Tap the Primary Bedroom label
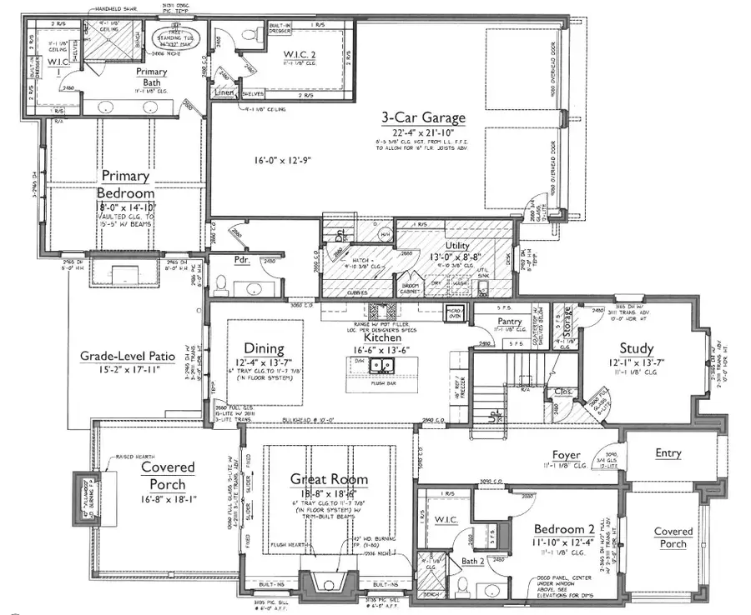125,185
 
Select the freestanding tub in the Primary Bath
169,39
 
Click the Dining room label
264,348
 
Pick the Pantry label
508,321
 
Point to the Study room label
636,348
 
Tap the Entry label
668,453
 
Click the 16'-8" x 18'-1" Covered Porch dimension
167,500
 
